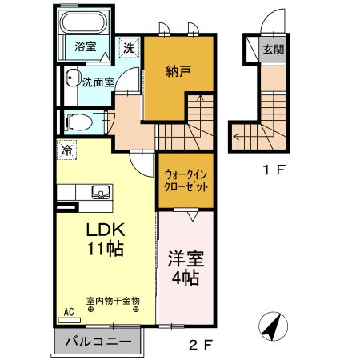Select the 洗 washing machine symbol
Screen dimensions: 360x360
pyautogui.click(x=129, y=47)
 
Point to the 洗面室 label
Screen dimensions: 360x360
pyautogui.click(x=98, y=81)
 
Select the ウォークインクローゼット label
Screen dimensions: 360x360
pyautogui.click(x=186, y=180)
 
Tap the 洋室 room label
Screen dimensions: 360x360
pyautogui.click(x=185, y=259)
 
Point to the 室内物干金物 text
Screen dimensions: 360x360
pyautogui.click(x=113, y=301)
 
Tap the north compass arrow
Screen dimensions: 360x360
pyautogui.click(x=272, y=326)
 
